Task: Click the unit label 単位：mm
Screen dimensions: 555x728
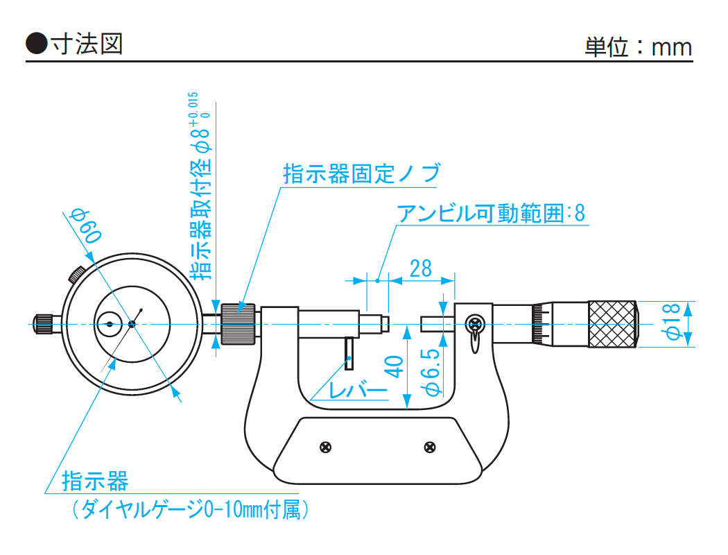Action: click(x=638, y=46)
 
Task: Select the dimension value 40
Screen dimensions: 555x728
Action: click(x=394, y=366)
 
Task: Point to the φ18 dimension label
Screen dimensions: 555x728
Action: click(x=672, y=323)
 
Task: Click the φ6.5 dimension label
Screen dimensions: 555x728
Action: click(x=431, y=373)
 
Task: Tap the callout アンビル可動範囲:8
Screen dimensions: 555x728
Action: click(x=491, y=213)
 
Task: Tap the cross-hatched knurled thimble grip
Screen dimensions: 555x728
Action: click(x=612, y=324)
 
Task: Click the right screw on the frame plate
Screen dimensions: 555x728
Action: click(x=430, y=447)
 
